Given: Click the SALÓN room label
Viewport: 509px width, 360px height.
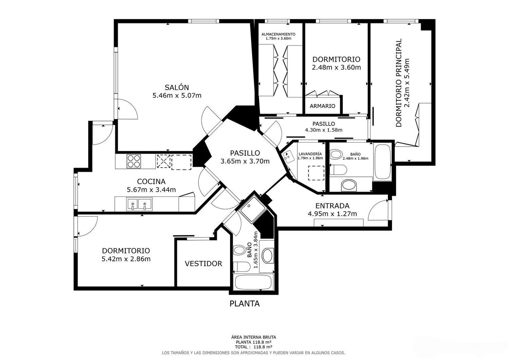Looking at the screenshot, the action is pos(177,87).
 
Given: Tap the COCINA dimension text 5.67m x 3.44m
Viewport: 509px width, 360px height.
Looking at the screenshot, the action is pos(151,190).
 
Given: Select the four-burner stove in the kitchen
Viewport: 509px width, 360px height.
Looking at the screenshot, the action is pos(134,161).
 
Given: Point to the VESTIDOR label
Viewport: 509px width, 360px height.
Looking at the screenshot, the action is pos(203,263).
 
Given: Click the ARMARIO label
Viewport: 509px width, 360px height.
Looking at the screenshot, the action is pos(323,106).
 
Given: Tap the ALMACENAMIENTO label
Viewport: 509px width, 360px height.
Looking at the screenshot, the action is pos(278,34).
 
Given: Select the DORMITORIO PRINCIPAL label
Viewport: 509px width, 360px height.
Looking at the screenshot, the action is pos(399,83).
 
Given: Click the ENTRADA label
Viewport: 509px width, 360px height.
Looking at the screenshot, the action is pos(332,206).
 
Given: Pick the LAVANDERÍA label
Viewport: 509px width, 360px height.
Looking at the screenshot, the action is pos(310,154).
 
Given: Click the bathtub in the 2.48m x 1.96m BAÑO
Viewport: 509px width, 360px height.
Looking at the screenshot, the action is pos(383,162).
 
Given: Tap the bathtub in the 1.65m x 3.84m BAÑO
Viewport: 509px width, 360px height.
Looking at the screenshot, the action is pos(253,282).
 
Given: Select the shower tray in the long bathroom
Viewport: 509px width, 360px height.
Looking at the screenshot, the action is pos(253,209).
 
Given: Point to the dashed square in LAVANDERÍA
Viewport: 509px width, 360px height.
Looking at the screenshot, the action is pos(316,173).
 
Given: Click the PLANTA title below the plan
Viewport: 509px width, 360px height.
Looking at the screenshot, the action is pos(245,304).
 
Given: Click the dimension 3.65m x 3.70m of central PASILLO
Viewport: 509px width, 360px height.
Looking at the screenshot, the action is pos(245,161).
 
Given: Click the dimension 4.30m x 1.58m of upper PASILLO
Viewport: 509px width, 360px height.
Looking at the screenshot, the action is pos(324,130).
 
